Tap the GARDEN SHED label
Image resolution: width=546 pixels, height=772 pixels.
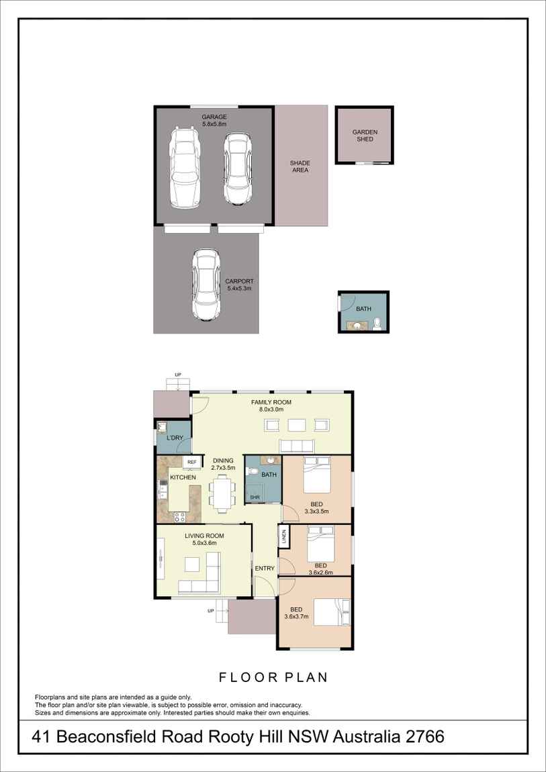[365, 136]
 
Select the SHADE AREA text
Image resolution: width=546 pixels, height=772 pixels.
[300, 166]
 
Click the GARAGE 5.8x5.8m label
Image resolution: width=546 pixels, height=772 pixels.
[214, 121]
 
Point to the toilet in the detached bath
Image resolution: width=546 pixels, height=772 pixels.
[377, 325]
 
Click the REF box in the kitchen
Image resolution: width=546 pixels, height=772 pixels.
[191, 463]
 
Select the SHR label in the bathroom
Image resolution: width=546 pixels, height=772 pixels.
[255, 497]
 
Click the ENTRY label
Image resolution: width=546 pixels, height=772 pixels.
[265, 569]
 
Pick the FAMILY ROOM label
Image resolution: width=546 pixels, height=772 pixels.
[271, 405]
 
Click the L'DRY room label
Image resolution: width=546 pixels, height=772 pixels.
[175, 438]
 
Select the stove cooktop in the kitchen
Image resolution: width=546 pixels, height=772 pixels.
[179, 516]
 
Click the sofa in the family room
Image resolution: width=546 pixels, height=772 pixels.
[296, 446]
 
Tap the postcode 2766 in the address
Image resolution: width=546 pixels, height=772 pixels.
[424, 736]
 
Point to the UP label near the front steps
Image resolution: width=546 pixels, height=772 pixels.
[211, 611]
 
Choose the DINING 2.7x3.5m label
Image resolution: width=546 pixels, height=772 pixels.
[223, 464]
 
